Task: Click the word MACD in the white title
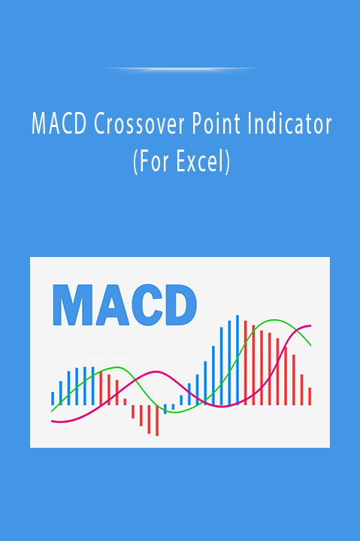(59, 124)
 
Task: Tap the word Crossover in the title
(139, 124)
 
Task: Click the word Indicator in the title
(289, 123)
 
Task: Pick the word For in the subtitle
(153, 162)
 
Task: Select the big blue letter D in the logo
(181, 305)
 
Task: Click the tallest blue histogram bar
(237, 359)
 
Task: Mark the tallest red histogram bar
(246, 363)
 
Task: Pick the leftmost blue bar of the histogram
(53, 398)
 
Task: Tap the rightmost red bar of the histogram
(310, 396)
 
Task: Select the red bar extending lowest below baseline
(157, 420)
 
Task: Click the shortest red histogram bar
(125, 401)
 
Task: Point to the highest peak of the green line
(274, 320)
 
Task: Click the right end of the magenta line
(310, 325)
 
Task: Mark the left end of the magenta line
(52, 422)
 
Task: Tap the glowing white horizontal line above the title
(180, 69)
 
